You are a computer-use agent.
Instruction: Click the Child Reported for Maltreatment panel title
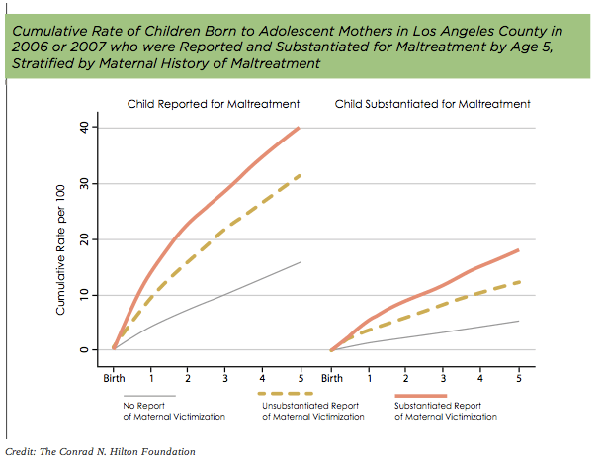pos(213,104)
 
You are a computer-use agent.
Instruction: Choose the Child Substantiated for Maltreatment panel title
pos(433,104)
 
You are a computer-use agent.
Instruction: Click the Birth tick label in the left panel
pos(114,377)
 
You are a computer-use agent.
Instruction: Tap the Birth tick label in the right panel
pos(332,377)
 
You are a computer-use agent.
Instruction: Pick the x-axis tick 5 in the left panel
pos(300,377)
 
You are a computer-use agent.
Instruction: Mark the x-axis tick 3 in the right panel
pos(444,377)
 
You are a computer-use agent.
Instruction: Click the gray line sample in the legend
pos(149,396)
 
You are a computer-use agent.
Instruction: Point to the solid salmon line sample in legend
pos(421,395)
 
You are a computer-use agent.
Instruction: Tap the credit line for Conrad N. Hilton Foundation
pos(100,452)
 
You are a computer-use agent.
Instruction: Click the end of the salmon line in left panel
pos(300,128)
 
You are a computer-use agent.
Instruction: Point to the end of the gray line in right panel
pos(519,321)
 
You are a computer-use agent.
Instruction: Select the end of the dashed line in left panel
pos(300,175)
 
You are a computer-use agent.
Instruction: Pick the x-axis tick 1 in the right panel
pos(370,377)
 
